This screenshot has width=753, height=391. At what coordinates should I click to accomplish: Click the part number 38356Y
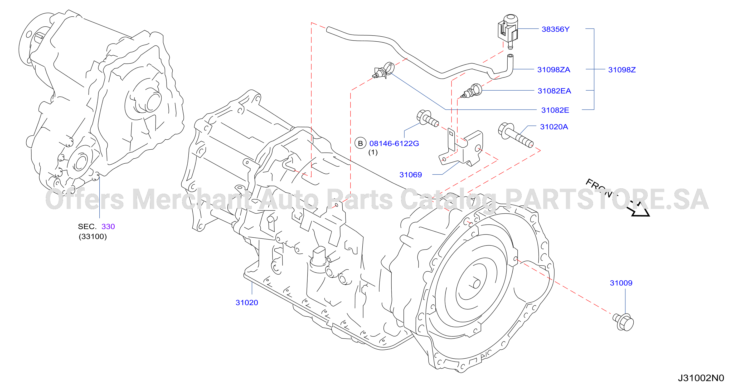[555, 29]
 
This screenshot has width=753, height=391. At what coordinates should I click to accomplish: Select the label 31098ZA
[554, 70]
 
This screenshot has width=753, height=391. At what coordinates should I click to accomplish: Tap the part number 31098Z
[622, 70]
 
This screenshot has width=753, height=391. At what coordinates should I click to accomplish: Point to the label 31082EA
[554, 91]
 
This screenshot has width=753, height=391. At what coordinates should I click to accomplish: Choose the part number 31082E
[555, 110]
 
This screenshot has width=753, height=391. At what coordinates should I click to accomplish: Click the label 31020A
[554, 127]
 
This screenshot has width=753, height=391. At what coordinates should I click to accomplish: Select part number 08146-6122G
[394, 144]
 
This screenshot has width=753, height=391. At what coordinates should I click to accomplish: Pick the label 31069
[411, 175]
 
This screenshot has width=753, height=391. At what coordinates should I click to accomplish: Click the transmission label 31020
[247, 302]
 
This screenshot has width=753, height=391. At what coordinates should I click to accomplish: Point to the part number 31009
[621, 283]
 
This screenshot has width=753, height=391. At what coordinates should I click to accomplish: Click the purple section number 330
[108, 227]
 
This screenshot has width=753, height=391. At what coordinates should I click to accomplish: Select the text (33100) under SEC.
[93, 236]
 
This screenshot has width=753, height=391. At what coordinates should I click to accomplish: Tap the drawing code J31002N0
[701, 378]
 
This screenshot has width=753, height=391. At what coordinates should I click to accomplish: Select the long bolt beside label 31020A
[516, 135]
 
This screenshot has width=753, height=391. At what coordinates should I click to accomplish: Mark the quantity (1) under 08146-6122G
[373, 152]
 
